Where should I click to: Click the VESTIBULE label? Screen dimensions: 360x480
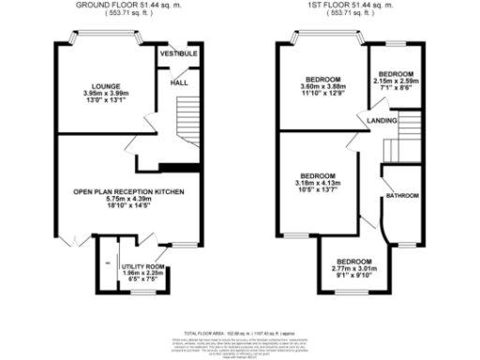(x=178, y=54)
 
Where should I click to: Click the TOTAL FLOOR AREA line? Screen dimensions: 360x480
(x=240, y=333)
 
